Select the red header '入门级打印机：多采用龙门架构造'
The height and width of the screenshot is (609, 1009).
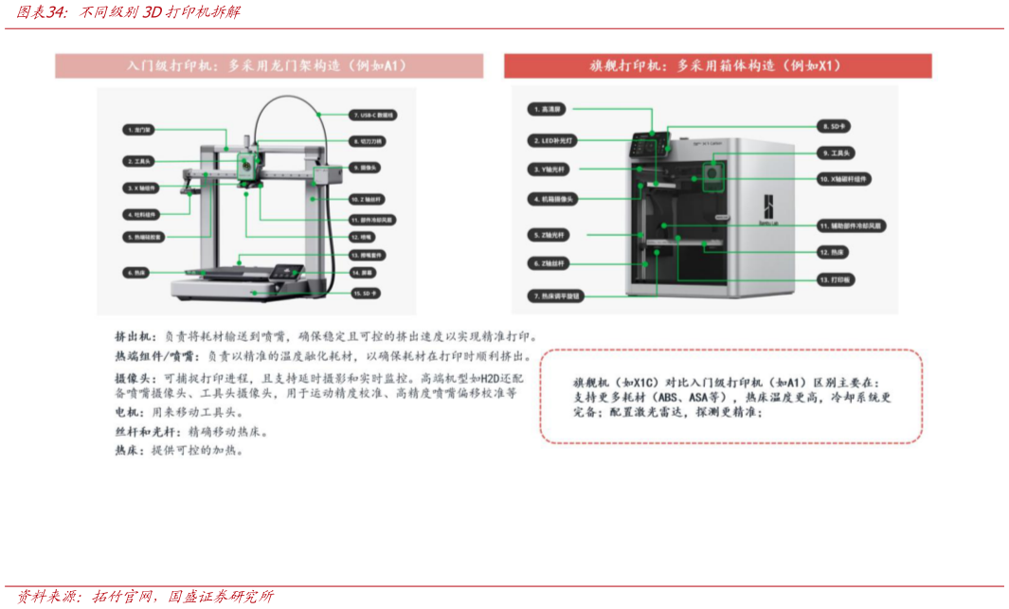coord(268,66)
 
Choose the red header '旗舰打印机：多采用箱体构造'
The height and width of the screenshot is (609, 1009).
coord(717,66)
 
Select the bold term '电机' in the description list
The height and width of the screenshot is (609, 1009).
coord(126,413)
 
